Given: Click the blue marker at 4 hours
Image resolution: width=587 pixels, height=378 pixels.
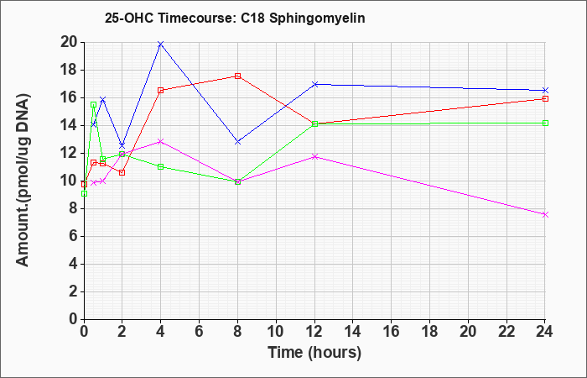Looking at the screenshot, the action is pyautogui.click(x=161, y=45).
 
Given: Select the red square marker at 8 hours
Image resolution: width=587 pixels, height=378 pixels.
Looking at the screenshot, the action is pyautogui.click(x=237, y=76).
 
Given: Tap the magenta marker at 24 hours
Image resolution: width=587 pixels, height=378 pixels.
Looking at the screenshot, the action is pyautogui.click(x=545, y=214).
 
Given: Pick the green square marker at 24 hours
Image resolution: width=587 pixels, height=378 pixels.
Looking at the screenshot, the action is pyautogui.click(x=545, y=123).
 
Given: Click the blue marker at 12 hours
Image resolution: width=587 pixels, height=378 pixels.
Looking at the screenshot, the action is pyautogui.click(x=314, y=84).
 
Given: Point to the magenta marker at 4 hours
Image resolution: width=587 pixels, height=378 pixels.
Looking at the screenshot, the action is pyautogui.click(x=161, y=141).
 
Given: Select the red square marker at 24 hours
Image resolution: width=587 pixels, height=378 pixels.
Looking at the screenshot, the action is pyautogui.click(x=545, y=98).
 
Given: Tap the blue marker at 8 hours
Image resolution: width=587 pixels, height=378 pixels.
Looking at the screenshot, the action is pyautogui.click(x=237, y=142).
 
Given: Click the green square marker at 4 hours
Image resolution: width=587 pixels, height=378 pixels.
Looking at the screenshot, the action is pyautogui.click(x=161, y=166).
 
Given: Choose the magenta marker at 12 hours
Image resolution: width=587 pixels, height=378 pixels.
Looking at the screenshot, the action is pyautogui.click(x=314, y=157).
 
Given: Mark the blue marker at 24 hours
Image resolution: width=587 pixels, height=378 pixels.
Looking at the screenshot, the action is pyautogui.click(x=545, y=91).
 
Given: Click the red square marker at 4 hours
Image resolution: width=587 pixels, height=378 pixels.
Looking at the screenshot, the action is pyautogui.click(x=161, y=91).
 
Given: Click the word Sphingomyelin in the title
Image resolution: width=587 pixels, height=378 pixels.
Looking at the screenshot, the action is pyautogui.click(x=317, y=18).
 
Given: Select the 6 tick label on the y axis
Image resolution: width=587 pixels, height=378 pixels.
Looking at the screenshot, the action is pyautogui.click(x=74, y=236).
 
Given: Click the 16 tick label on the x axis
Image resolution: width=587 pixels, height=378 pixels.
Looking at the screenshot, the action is pyautogui.click(x=392, y=332).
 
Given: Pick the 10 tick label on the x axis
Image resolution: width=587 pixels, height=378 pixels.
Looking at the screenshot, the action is pyautogui.click(x=276, y=332).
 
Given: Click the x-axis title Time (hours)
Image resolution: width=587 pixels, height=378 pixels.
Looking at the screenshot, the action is pyautogui.click(x=314, y=353).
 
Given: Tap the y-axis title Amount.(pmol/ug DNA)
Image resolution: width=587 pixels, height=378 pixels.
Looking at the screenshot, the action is pyautogui.click(x=23, y=180).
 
